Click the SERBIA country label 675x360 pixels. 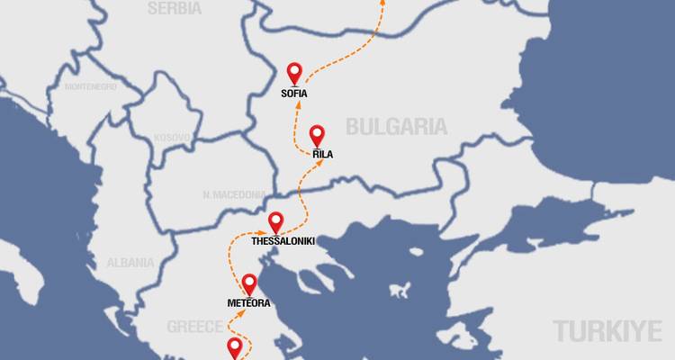click(x=174, y=8)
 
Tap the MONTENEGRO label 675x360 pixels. click(x=91, y=86)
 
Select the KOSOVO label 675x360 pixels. click(x=173, y=138)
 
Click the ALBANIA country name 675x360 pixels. click(x=130, y=263)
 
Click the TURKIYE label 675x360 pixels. click(x=607, y=330)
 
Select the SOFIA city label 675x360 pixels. click(x=294, y=94)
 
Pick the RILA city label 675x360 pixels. click(x=323, y=155)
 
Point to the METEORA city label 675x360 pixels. click(x=248, y=303)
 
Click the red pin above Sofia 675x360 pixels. click(x=293, y=73)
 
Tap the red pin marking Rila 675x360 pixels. click(x=317, y=135)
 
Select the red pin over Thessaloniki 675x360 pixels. click(x=276, y=221)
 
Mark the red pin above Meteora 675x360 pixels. click(x=248, y=283)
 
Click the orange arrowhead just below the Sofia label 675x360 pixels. click(x=297, y=105)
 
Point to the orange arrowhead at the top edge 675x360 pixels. click(x=382, y=3)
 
